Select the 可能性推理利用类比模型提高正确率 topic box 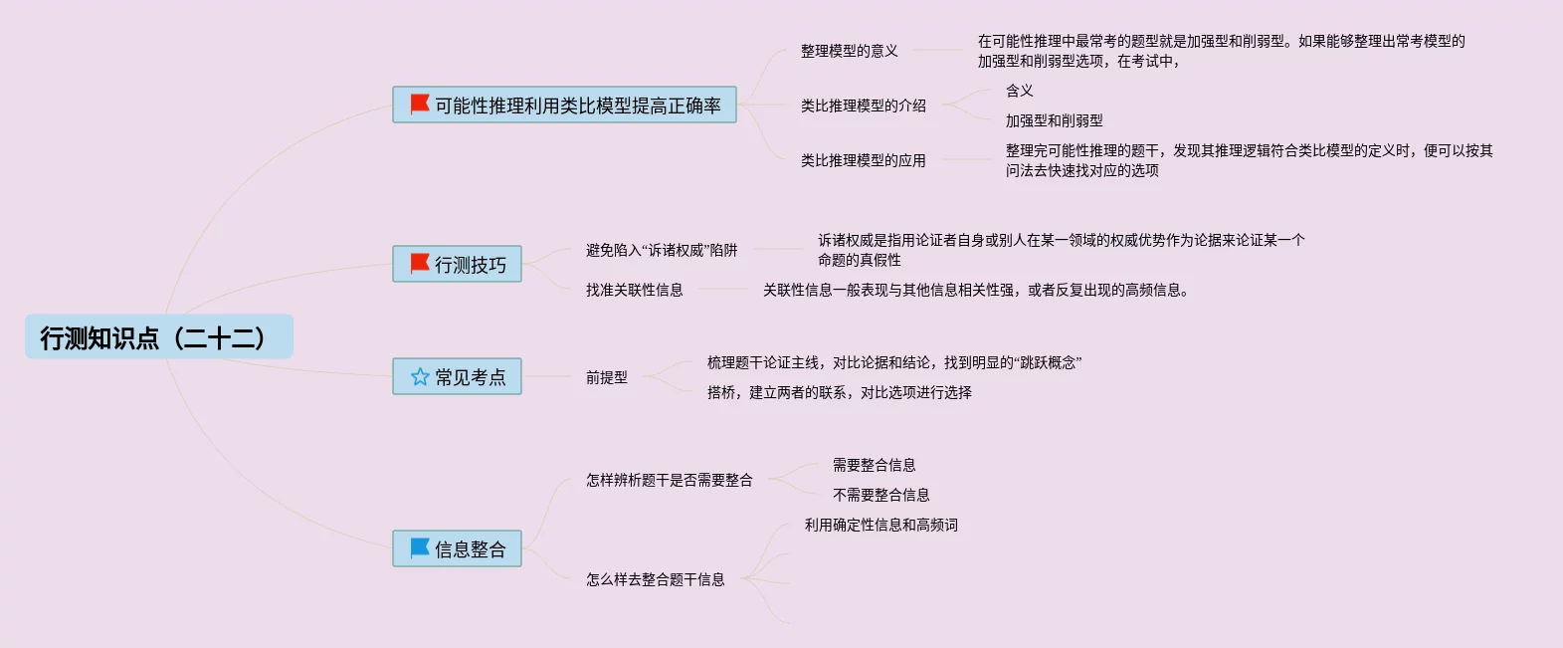pyautogui.click(x=564, y=105)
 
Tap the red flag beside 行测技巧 pyautogui.click(x=420, y=264)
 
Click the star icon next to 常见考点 pyautogui.click(x=420, y=376)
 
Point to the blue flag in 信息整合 pyautogui.click(x=420, y=547)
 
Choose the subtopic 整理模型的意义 pyautogui.click(x=849, y=51)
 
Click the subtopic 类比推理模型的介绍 pyautogui.click(x=863, y=106)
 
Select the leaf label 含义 pyautogui.click(x=1019, y=91)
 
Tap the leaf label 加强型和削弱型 pyautogui.click(x=1054, y=120)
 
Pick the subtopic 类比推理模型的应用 pyautogui.click(x=863, y=160)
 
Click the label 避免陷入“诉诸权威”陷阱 pyautogui.click(x=662, y=250)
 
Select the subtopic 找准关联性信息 pyautogui.click(x=634, y=290)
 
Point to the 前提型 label pyautogui.click(x=606, y=377)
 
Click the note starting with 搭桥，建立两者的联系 pyautogui.click(x=839, y=392)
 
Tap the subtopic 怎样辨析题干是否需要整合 pyautogui.click(x=669, y=480)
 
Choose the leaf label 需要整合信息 pyautogui.click(x=874, y=465)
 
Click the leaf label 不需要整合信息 pyautogui.click(x=880, y=495)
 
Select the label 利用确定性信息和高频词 pyautogui.click(x=880, y=525)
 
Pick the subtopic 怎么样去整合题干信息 pyautogui.click(x=655, y=579)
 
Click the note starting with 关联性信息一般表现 pyautogui.click(x=975, y=290)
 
